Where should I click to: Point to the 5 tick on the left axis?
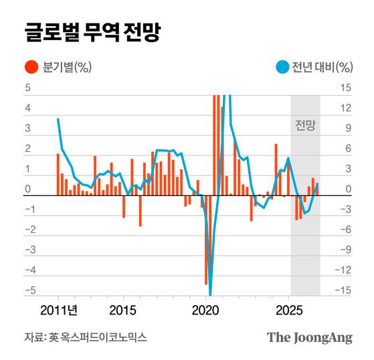(27, 88)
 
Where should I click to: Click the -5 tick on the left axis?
(26, 290)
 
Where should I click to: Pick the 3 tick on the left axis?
(27, 128)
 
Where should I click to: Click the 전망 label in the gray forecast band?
(305, 124)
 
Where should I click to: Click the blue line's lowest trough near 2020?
(210, 293)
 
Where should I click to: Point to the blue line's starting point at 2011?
(58, 119)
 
